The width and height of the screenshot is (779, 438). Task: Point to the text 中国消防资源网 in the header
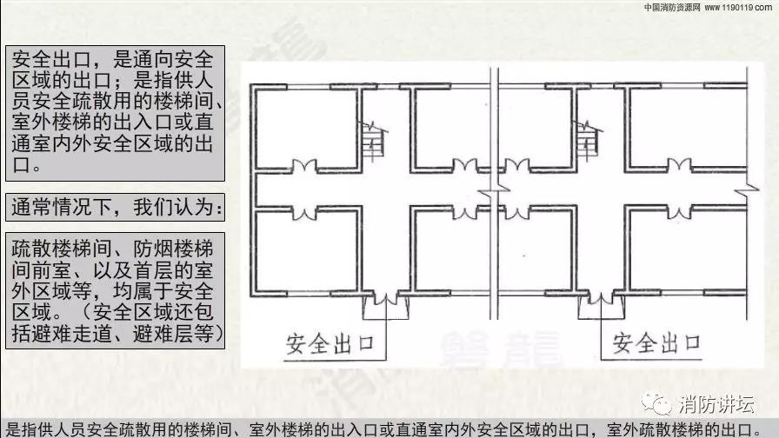(x=672, y=7)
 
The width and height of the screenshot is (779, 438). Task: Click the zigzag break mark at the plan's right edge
(x=745, y=189)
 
